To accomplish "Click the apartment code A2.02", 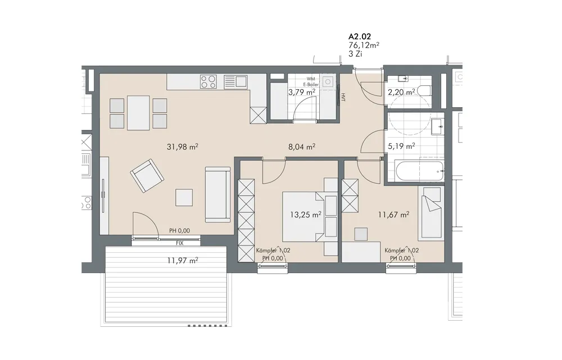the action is point(360,36).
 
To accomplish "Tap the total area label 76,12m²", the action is point(364,45).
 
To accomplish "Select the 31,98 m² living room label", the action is point(183,147).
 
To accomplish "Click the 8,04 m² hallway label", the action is point(302,146).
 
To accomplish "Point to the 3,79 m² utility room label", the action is point(302,92).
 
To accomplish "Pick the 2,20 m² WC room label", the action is point(401,92).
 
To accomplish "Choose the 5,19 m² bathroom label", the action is point(401,146).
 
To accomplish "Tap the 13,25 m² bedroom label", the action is point(305,215).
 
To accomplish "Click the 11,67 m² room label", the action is point(393,215).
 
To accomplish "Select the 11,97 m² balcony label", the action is point(183,261).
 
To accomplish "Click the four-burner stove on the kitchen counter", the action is point(209,81).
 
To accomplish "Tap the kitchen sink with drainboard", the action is point(236,81).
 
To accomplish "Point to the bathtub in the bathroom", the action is point(420,171).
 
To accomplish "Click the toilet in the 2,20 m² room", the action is point(423,90).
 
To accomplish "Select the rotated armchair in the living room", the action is point(147,176).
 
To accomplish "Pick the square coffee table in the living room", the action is point(184,197).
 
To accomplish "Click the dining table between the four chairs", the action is point(138,112).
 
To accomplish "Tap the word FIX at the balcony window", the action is point(180,243).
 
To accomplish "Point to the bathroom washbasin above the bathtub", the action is point(437,127).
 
